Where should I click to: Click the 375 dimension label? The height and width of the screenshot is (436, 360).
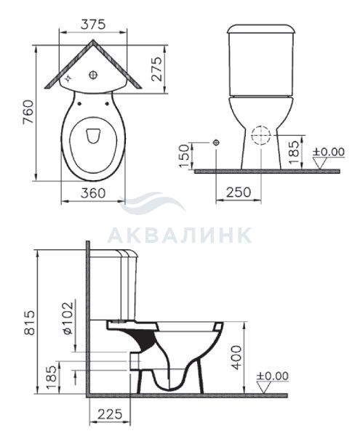pos(93,24)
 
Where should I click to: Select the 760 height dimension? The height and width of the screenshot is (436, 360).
pos(28,112)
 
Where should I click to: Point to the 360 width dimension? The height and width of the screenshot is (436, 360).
pos(93,193)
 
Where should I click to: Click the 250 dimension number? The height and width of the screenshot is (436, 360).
pos(239,192)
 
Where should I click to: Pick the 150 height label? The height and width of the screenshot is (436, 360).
pos(184,156)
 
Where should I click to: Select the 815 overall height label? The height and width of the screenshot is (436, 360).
pos(29,322)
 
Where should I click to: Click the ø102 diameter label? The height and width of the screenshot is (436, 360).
pos(68,318)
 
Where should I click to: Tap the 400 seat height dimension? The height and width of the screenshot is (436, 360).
pos(237,358)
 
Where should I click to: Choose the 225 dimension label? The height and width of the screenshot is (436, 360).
pos(110,414)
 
